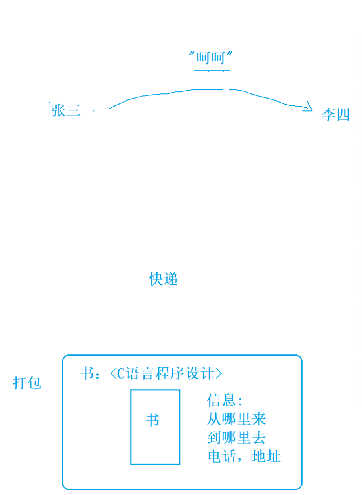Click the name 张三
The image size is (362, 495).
tap(66, 110)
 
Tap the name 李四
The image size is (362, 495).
tap(335, 115)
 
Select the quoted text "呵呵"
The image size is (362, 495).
tap(210, 58)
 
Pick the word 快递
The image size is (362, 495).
tap(164, 279)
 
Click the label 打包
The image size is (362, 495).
tap(27, 383)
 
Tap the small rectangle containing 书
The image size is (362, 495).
tap(155, 426)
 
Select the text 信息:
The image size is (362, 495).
tap(225, 400)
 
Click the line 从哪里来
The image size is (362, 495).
tap(236, 419)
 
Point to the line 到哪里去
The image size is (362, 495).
tap(236, 438)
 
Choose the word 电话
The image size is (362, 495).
tap(222, 457)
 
